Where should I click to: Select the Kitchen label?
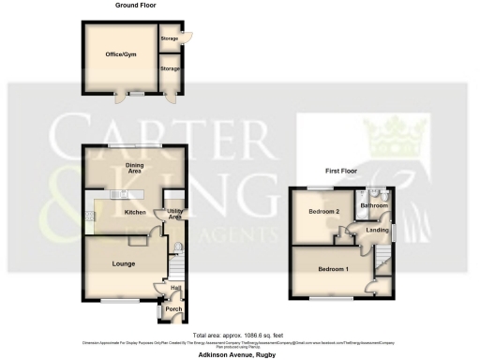(137, 212)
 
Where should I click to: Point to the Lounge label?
(124, 263)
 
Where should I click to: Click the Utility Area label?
(175, 215)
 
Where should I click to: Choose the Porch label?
(173, 309)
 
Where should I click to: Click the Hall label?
(175, 288)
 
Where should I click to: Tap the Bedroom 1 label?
(333, 270)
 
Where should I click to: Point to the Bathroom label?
(374, 204)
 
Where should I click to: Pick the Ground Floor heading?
(136, 6)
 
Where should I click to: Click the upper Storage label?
(170, 38)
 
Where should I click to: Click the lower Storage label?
(170, 68)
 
